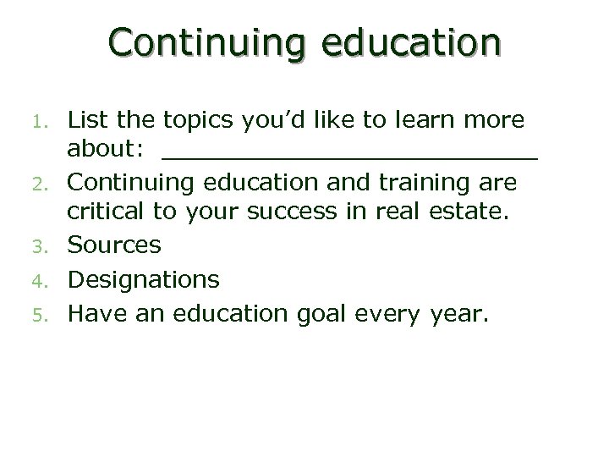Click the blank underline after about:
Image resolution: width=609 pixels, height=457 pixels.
349,156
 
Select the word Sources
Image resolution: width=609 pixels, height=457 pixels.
114,245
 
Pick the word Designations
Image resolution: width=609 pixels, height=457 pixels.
144,279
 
